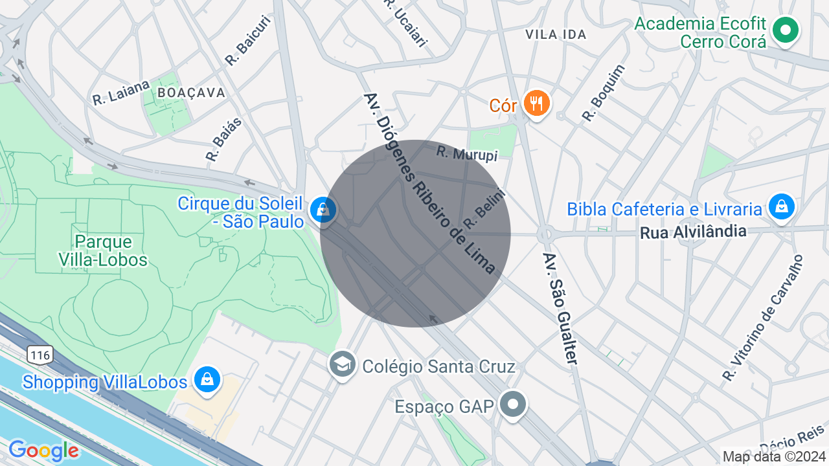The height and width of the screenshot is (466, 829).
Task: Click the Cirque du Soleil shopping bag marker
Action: [x=322, y=210]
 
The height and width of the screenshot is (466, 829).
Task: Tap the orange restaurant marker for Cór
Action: [x=536, y=102]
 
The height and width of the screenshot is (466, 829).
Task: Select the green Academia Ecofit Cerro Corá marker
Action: [x=786, y=30]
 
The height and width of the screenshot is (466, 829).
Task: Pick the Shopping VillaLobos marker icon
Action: [x=207, y=380]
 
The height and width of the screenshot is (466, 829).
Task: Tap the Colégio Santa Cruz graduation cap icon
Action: [x=342, y=365]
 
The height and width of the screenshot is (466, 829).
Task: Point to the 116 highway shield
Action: [x=40, y=355]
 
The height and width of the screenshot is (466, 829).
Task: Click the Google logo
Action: [x=43, y=450]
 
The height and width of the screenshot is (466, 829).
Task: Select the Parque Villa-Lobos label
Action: [x=111, y=251]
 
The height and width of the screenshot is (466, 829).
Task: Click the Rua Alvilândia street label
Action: [x=693, y=232]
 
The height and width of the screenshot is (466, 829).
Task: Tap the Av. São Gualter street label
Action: [x=560, y=308]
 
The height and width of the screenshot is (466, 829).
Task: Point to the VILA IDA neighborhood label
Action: [x=556, y=34]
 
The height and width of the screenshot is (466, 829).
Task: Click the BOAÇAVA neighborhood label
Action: [x=192, y=93]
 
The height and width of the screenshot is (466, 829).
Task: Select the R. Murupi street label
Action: [x=466, y=153]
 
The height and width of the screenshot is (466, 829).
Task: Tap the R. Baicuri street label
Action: [x=247, y=41]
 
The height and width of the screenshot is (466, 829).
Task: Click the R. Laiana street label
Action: [x=121, y=93]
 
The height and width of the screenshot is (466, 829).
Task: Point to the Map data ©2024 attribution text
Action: [x=774, y=456]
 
